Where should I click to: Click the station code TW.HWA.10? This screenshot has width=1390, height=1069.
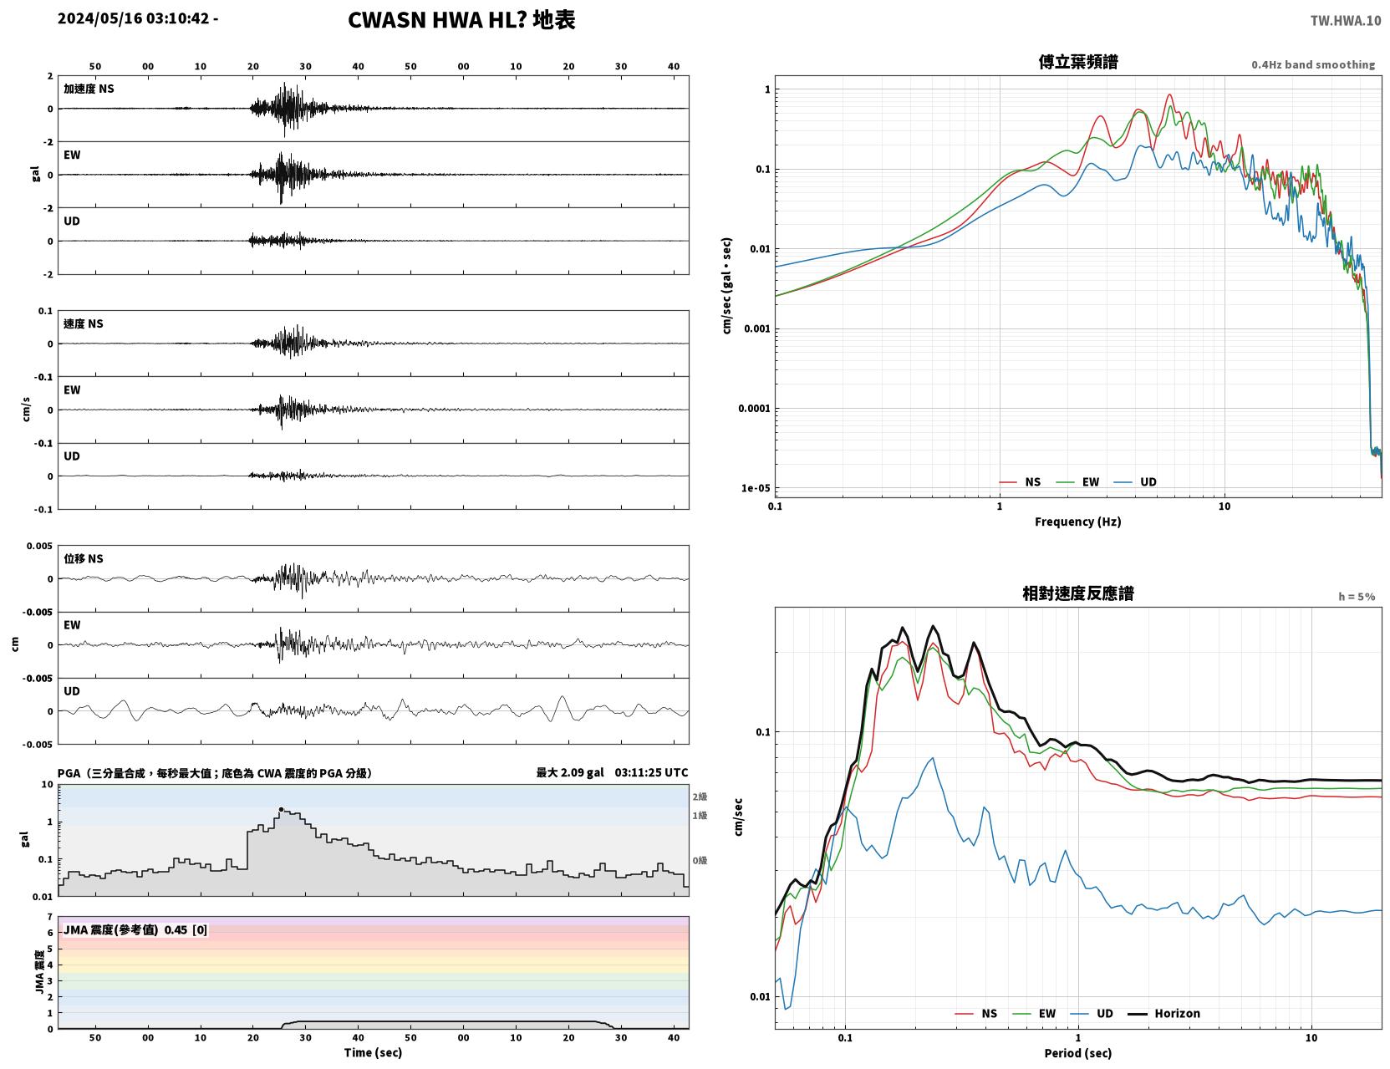click(x=1345, y=21)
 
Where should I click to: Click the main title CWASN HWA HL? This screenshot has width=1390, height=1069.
click(x=437, y=20)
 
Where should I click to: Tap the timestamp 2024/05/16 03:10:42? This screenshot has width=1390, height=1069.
click(x=134, y=18)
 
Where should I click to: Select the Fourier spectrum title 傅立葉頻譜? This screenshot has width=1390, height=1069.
click(x=1078, y=62)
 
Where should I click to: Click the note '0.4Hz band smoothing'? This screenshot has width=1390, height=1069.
click(x=1312, y=64)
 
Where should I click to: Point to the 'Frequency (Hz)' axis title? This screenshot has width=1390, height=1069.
click(x=1077, y=522)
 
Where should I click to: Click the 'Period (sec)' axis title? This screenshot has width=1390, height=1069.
click(x=1077, y=1053)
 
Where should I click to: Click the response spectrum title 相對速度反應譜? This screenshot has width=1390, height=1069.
click(x=1077, y=593)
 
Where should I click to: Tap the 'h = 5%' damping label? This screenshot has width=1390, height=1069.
click(x=1356, y=597)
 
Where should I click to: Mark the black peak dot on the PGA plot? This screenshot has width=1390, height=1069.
click(x=281, y=809)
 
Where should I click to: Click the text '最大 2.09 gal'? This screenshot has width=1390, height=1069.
click(x=569, y=772)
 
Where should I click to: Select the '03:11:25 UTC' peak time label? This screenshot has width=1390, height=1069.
click(x=651, y=772)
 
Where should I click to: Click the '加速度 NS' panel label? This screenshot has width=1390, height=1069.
click(x=89, y=89)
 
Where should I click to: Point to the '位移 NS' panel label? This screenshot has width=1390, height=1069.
click(x=83, y=559)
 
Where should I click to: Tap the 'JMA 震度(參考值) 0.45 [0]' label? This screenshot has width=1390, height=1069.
click(x=135, y=929)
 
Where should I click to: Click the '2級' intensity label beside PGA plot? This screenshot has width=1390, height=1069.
click(x=699, y=797)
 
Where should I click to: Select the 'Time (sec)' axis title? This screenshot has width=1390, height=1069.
click(x=373, y=1052)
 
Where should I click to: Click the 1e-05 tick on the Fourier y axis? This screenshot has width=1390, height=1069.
click(x=756, y=488)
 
